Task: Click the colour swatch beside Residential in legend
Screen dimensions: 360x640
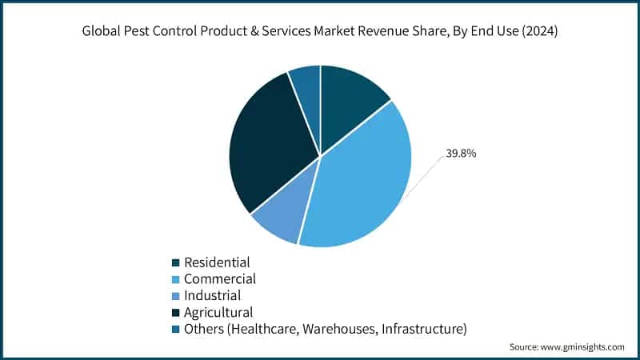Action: pyautogui.click(x=175, y=262)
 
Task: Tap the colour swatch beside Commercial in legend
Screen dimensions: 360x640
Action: pyautogui.click(x=175, y=279)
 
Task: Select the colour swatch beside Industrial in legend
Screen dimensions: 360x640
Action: pyautogui.click(x=175, y=296)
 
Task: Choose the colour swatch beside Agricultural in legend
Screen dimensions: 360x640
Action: pyautogui.click(x=175, y=313)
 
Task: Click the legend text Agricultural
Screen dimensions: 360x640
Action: pyautogui.click(x=218, y=312)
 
